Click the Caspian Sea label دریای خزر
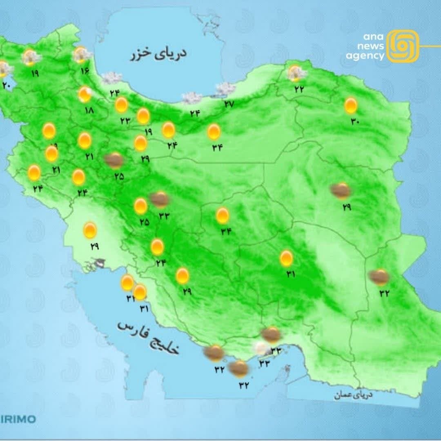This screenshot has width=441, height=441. (x=158, y=53)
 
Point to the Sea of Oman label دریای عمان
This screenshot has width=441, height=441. (x=353, y=395)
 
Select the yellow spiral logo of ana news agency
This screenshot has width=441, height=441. (x=403, y=46)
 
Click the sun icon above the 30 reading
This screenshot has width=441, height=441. (x=351, y=105)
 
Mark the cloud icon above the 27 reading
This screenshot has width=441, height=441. (x=225, y=89)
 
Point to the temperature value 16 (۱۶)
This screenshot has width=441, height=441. (x=85, y=71)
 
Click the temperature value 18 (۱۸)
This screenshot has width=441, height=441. (x=89, y=110)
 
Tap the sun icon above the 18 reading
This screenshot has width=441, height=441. (x=85, y=95)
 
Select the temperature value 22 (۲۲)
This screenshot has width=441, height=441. (x=299, y=89)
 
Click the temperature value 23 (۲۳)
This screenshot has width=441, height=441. (x=125, y=120)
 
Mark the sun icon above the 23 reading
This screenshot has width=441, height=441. (x=121, y=105)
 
